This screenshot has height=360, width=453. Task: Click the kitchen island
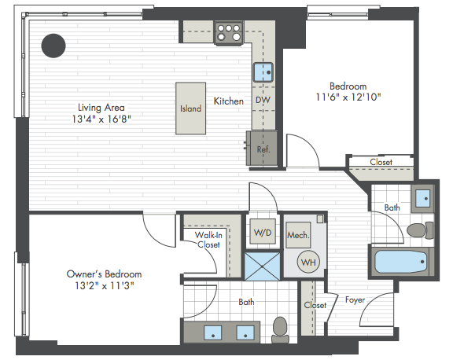pos(190,108)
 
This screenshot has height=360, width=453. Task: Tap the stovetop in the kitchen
pos(229,33)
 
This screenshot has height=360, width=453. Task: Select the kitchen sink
pos(263,72)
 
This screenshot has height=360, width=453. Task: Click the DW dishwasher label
pos(263,100)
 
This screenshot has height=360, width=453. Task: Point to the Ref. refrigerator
pos(263,149)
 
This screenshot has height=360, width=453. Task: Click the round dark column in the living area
pos(53,46)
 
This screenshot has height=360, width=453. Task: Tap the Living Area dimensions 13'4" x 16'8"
pos(101,119)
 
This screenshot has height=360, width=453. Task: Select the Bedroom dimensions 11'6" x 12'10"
pos(348,97)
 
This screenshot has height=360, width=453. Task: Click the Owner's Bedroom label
pos(104,274)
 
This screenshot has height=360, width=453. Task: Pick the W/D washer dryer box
pos(263,232)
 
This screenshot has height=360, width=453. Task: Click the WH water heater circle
pos(308,262)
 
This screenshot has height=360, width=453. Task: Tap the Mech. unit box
pos(298,235)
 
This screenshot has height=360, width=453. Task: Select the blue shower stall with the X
pos(263,266)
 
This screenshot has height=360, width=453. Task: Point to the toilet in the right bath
pos(420,230)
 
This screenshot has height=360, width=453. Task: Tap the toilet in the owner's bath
pos(280,329)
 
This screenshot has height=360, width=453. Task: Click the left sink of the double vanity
pos(213,332)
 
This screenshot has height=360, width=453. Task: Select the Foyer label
pos(355,300)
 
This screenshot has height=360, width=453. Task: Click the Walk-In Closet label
pos(208,240)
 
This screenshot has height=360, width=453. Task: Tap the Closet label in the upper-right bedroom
pos(381,162)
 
